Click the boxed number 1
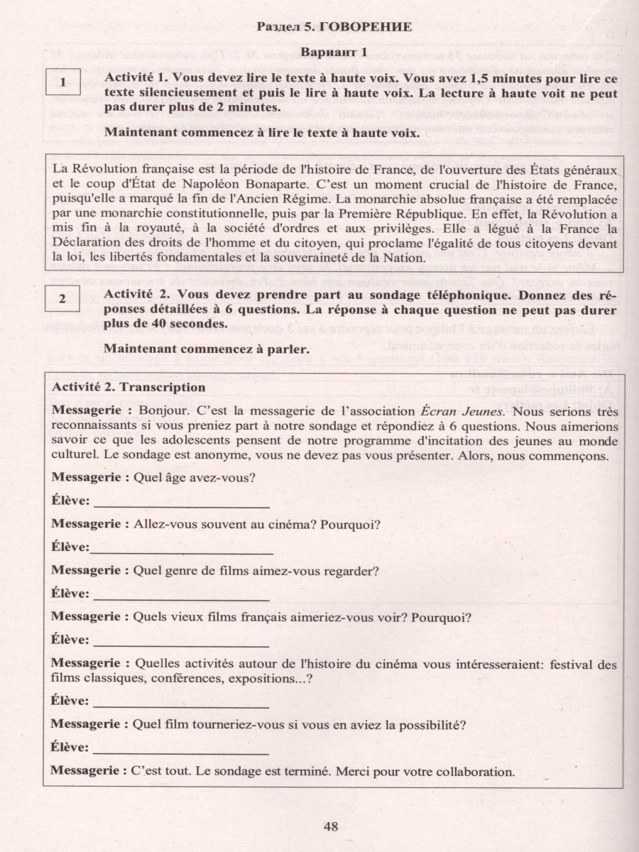(63, 82)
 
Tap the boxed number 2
(62, 299)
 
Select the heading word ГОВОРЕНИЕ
(366, 28)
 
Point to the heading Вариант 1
(333, 52)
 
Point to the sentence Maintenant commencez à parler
(206, 349)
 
